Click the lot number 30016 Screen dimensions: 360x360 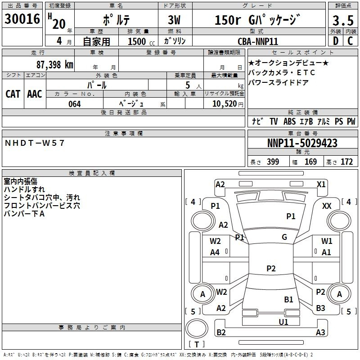(x=22, y=19)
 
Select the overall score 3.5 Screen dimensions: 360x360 (x=343, y=21)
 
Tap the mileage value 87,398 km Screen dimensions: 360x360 (x=55, y=65)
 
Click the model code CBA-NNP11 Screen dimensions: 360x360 (x=258, y=41)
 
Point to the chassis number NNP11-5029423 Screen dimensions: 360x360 (x=302, y=143)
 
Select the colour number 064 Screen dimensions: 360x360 (x=75, y=104)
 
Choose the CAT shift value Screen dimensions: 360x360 (x=13, y=94)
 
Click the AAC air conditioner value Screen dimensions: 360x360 (x=35, y=94)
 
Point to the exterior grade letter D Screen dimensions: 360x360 (x=336, y=41)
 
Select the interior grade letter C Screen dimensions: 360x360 (x=350, y=41)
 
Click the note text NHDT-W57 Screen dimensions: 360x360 (x=35, y=143)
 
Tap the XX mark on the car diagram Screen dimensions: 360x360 (x=327, y=206)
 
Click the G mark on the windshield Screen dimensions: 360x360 (x=284, y=237)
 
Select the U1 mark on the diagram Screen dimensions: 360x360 (x=283, y=322)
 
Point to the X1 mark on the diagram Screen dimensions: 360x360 (x=321, y=184)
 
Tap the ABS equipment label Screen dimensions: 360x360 (x=289, y=121)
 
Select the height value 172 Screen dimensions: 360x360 (x=346, y=162)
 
